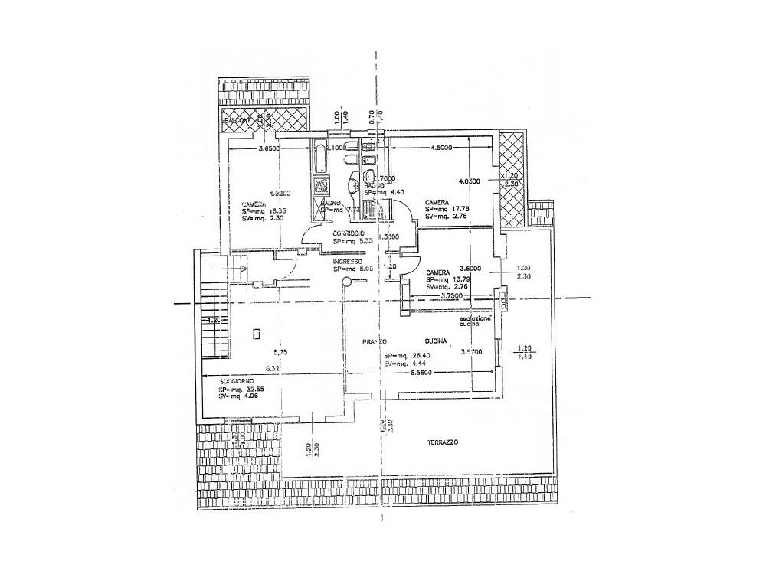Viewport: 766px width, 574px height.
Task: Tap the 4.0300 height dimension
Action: pos(469,181)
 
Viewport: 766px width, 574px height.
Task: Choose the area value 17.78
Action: pos(461,209)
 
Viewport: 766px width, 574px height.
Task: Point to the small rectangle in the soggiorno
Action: pos(257,333)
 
